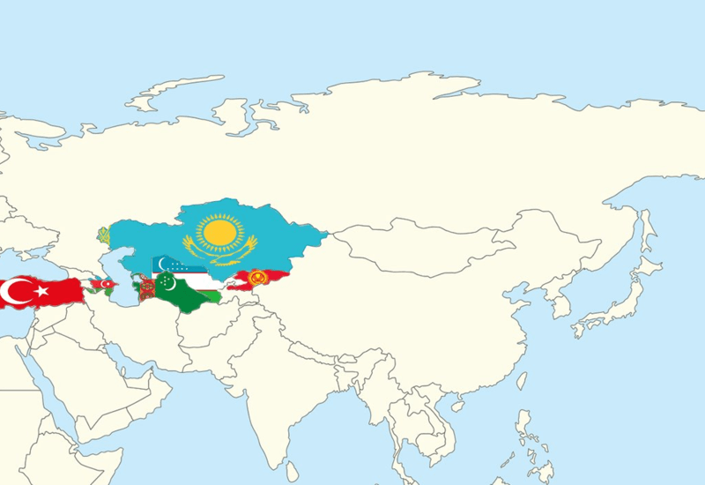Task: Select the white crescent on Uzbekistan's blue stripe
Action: [x=160, y=263]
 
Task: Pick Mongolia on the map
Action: [x=397, y=247]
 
